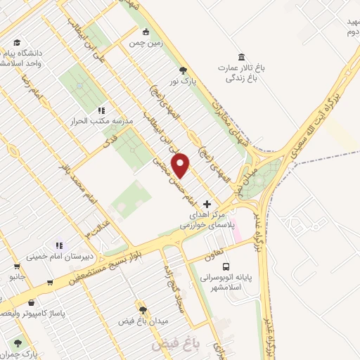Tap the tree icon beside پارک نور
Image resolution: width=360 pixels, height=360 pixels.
[x=183, y=70]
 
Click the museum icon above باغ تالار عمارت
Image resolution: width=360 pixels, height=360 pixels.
[x=241, y=56]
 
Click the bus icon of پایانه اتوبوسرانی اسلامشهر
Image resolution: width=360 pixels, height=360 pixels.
[x=226, y=266]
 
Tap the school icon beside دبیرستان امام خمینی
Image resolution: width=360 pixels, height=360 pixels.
[x=59, y=245]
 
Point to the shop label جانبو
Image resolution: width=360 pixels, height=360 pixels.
[x=16, y=277]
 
